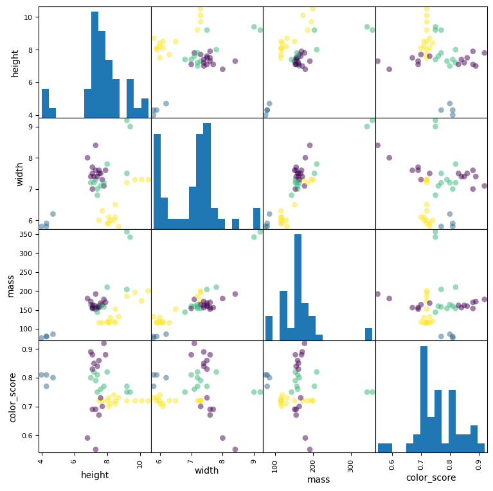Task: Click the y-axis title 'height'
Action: [x=15, y=62]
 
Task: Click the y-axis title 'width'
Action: [x=20, y=174]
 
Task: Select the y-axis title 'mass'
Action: [x=10, y=285]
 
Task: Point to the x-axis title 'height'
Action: [x=94, y=476]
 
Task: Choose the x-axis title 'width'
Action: [x=206, y=470]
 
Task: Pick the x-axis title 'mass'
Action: [x=318, y=479]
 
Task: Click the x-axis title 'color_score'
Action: [x=431, y=477]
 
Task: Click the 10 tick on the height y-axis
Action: [x=28, y=17]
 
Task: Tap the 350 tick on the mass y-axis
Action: [x=24, y=234]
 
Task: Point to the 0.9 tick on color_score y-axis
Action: [x=26, y=349]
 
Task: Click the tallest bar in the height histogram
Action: [x=94, y=64]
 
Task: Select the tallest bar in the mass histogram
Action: [x=298, y=287]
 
